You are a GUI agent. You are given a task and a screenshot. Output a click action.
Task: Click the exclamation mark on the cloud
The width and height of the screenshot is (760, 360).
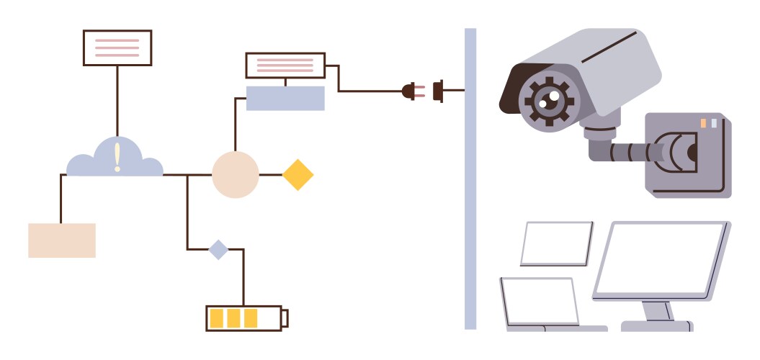117,157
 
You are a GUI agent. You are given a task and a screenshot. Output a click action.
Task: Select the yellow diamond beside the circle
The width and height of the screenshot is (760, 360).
298,175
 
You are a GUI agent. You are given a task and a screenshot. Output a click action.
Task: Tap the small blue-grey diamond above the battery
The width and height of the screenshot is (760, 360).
218,250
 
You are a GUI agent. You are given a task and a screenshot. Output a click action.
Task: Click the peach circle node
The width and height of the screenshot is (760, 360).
235,175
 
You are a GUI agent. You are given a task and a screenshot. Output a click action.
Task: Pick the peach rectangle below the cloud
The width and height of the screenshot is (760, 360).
62,240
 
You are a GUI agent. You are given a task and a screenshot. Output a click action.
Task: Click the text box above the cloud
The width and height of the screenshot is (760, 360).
117,48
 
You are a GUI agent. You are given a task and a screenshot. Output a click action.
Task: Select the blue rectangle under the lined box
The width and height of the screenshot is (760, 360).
285,98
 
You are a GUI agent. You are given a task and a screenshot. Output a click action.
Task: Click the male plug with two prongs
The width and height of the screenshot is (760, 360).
409,91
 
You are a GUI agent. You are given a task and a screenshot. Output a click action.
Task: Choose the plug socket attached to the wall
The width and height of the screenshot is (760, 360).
438,91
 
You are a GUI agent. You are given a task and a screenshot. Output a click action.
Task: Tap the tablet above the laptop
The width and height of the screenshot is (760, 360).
556,243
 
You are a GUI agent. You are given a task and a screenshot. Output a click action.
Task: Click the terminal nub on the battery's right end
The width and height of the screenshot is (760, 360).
285,318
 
